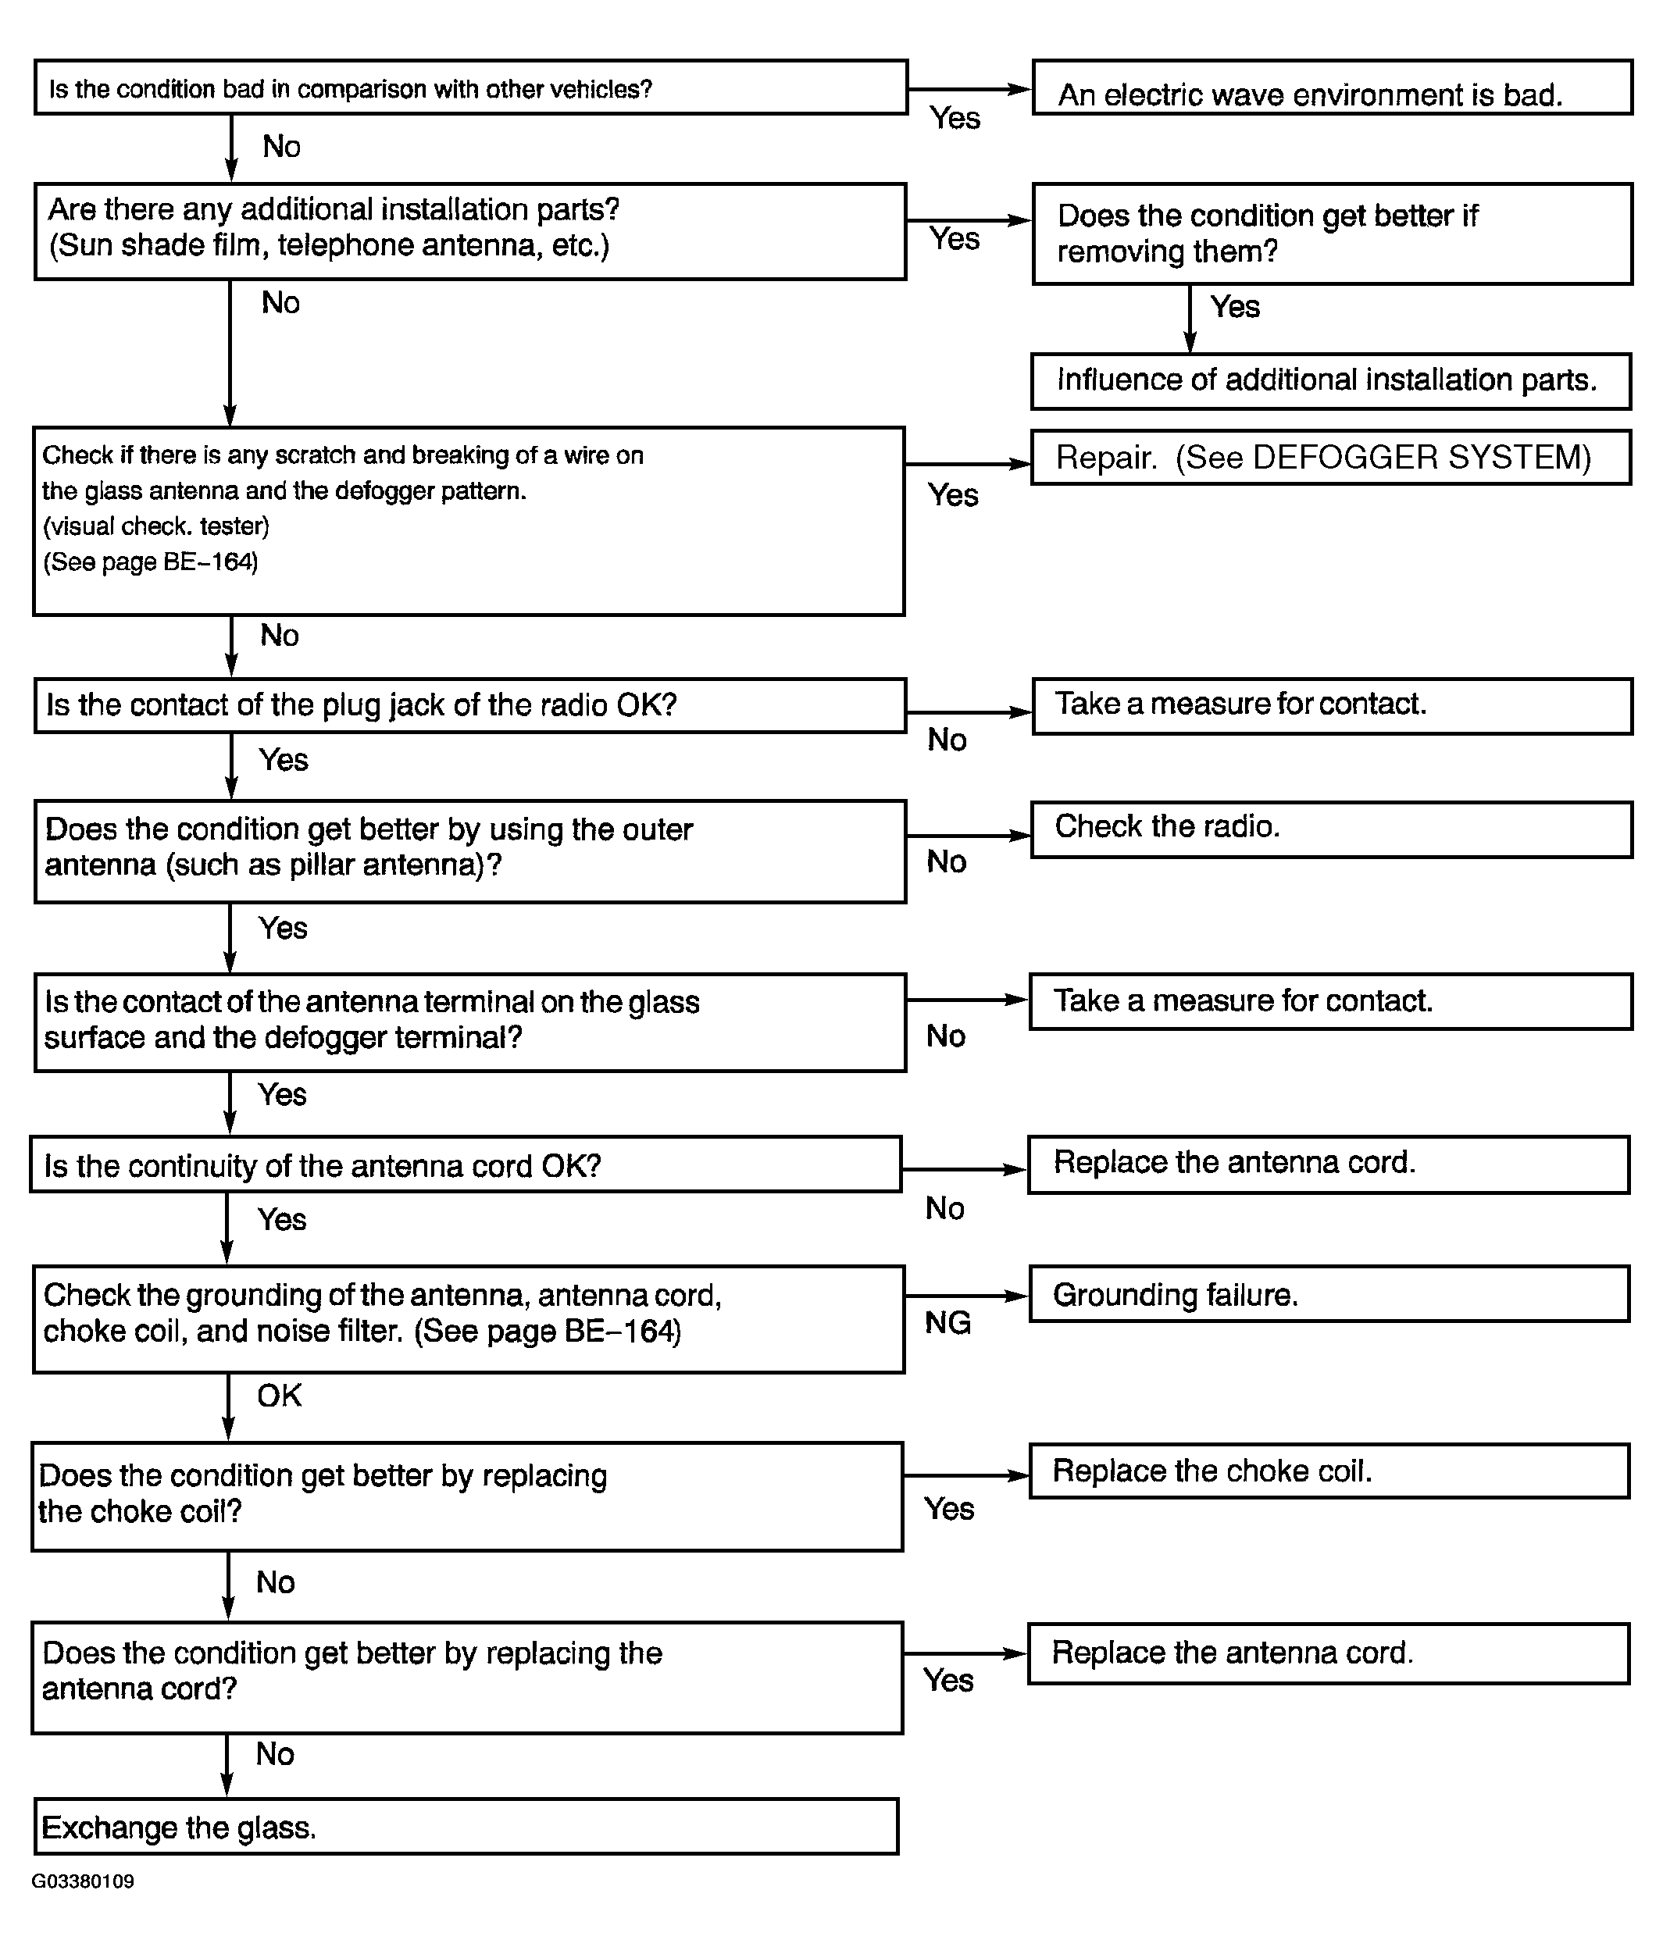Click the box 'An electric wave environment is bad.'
pyautogui.click(x=1331, y=88)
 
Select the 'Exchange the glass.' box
pyautogui.click(x=466, y=1826)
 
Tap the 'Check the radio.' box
pyautogui.click(x=1331, y=829)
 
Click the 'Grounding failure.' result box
pyautogui.click(x=1329, y=1294)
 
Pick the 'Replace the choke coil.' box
pyautogui.click(x=1329, y=1471)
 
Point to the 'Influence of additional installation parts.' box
pyautogui.click(x=1330, y=381)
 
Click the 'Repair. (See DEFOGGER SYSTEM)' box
pyautogui.click(x=1330, y=458)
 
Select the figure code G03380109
pyautogui.click(x=83, y=1881)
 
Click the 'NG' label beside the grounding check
pyautogui.click(x=947, y=1323)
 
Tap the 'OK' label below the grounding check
pyautogui.click(x=279, y=1396)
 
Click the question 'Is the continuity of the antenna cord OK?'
pyautogui.click(x=466, y=1165)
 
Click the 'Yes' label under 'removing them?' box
pyautogui.click(x=1234, y=307)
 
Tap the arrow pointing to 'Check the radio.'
pyautogui.click(x=969, y=836)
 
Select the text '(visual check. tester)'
pyautogui.click(x=156, y=526)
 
